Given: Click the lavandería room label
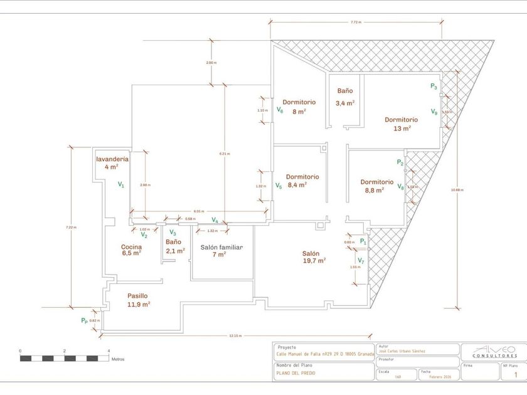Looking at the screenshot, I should [112, 159].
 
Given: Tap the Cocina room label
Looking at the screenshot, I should [131, 247].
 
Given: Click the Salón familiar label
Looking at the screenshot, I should [221, 247].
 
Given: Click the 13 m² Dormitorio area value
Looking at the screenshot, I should [402, 128].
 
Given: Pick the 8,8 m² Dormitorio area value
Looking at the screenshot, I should [374, 190].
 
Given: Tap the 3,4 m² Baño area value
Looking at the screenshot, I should [344, 103].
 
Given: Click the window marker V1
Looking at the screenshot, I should [121, 185].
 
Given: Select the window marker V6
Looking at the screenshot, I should [280, 110].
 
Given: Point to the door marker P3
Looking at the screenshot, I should [434, 87].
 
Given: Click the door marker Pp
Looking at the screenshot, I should [85, 320].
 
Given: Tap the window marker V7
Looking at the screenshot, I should [361, 260].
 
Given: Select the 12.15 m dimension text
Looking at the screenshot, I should [235, 336].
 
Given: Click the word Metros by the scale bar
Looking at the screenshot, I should [118, 359].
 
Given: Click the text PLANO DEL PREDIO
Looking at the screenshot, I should [296, 373].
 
